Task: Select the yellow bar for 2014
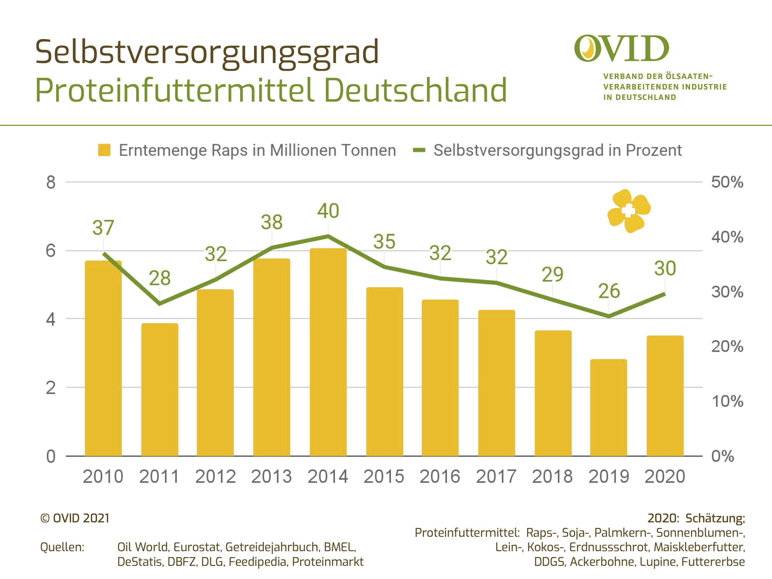[328, 353]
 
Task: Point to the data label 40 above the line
[328, 211]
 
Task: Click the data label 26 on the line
[609, 291]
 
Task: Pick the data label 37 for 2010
[103, 228]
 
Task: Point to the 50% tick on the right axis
[727, 182]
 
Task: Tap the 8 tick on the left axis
[51, 182]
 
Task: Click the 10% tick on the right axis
[727, 401]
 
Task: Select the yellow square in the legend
[104, 150]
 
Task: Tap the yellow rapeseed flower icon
[629, 211]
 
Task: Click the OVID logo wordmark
[621, 49]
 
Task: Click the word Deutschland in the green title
[415, 90]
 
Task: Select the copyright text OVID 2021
[75, 518]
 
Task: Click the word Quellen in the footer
[62, 547]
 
